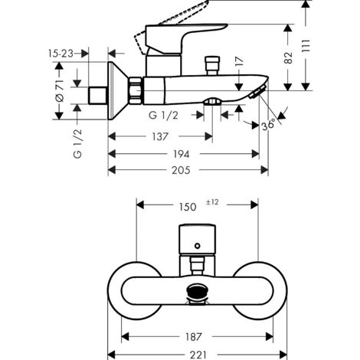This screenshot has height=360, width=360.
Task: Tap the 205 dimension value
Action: pos(180,170)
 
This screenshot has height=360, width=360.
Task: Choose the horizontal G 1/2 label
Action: pos(164,115)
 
